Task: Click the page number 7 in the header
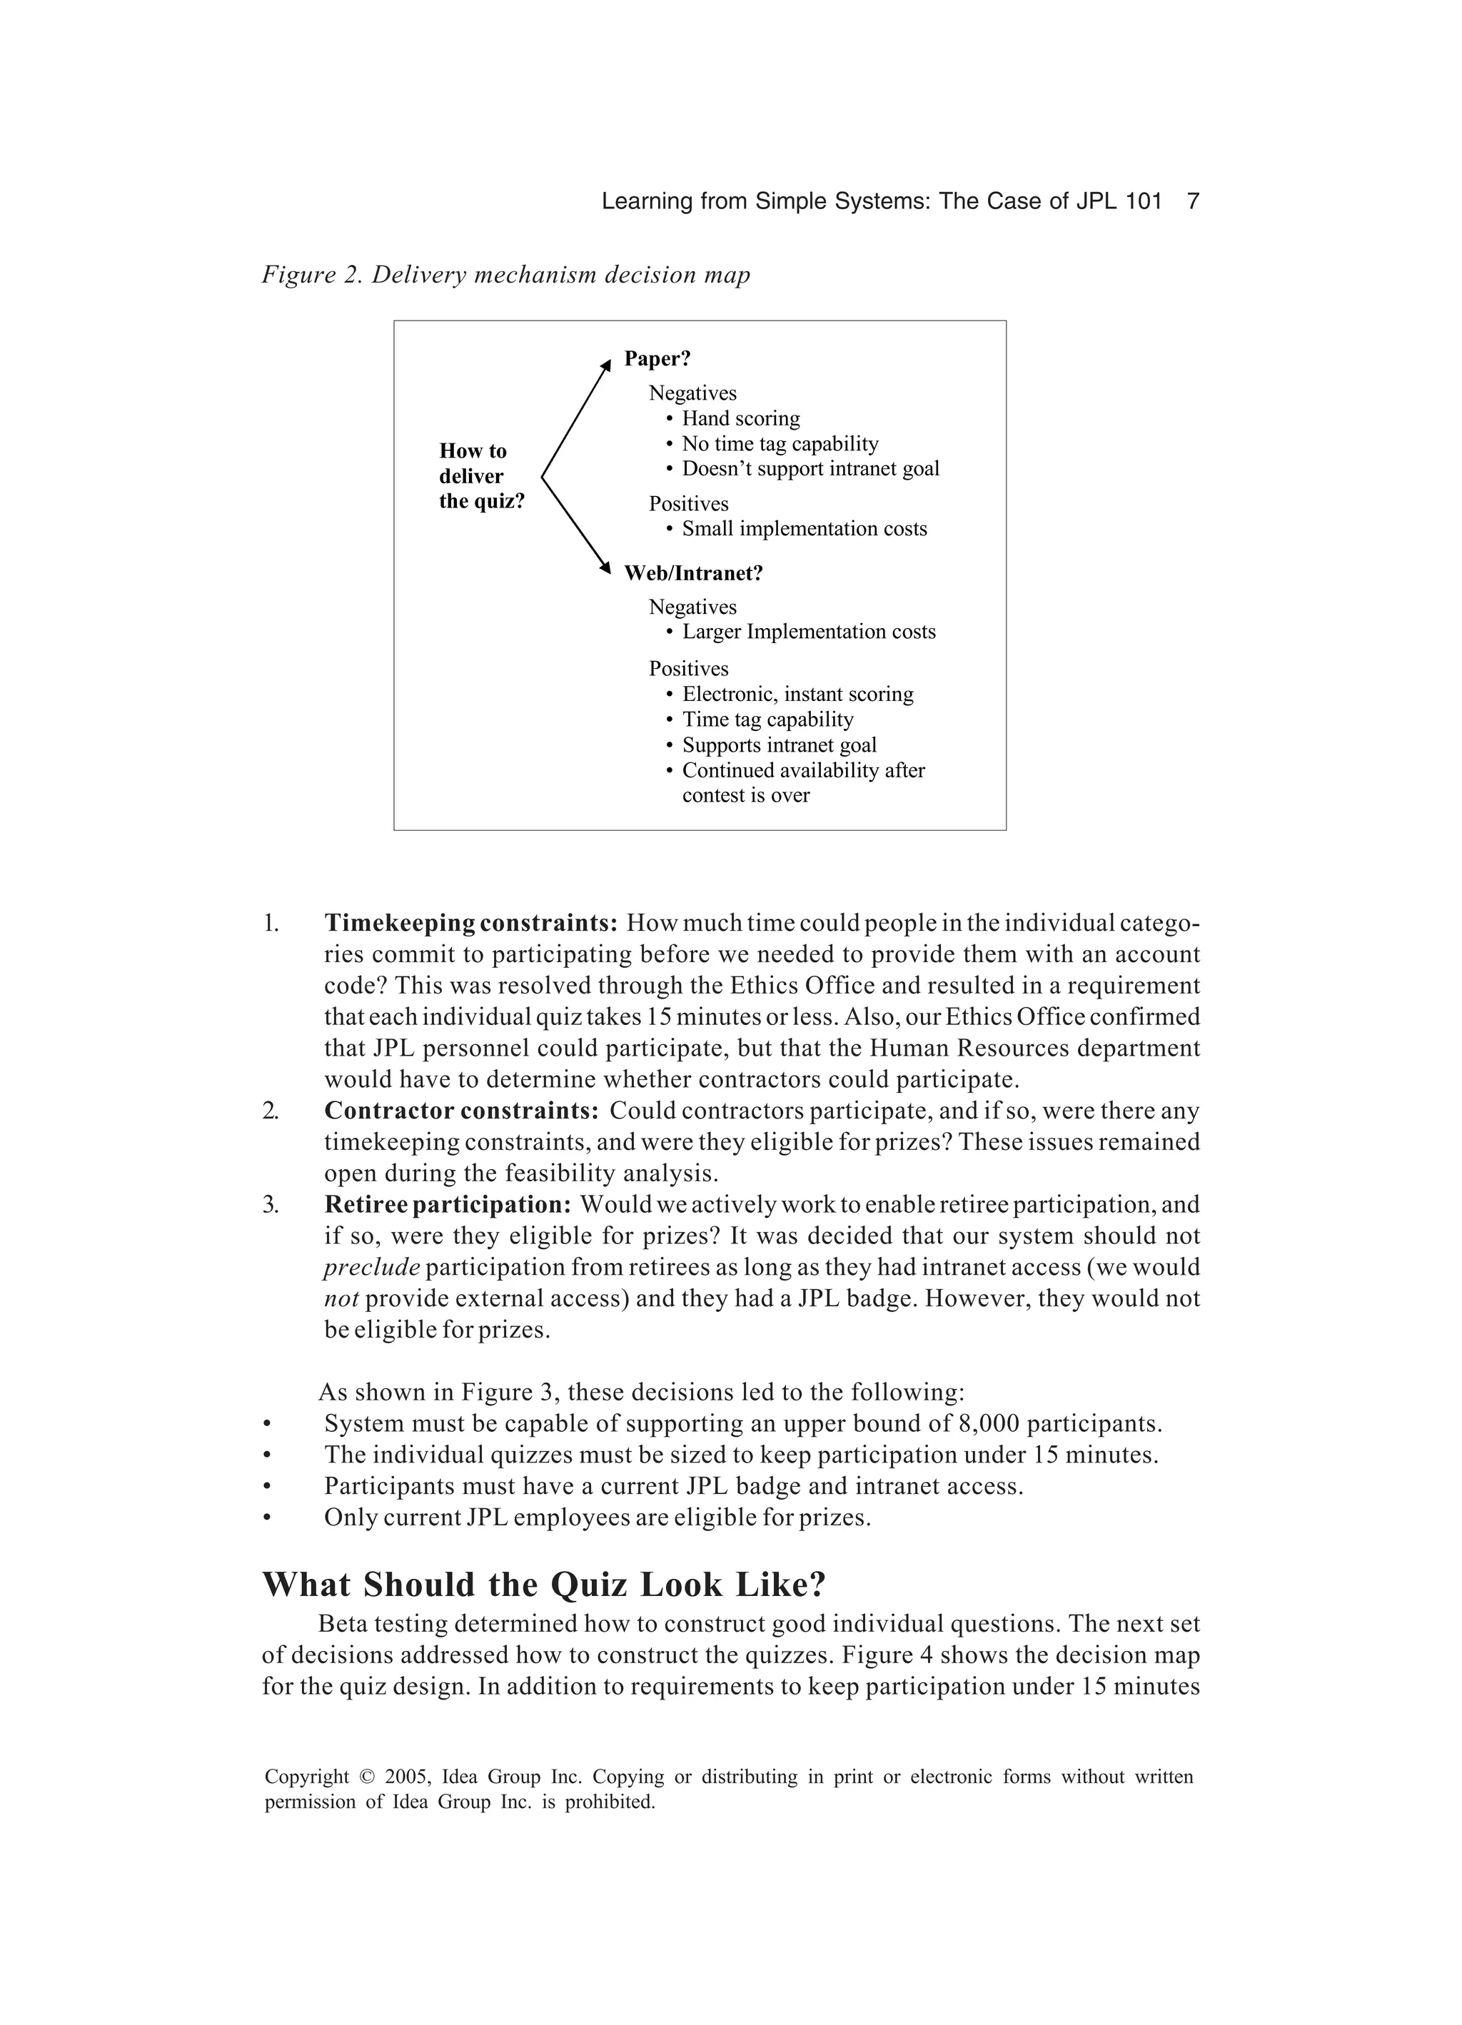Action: [1191, 202]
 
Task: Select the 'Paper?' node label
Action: [657, 359]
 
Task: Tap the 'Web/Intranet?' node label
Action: [693, 573]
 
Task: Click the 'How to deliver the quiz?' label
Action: [480, 476]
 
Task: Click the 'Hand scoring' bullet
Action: [740, 419]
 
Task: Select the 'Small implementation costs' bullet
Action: [804, 529]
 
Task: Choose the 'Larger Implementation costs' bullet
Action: [808, 632]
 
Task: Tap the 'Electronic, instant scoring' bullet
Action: [797, 695]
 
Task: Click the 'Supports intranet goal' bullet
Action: [779, 745]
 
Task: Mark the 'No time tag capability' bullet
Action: [780, 444]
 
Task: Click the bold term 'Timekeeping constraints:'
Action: [470, 923]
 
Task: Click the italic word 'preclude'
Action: [371, 1268]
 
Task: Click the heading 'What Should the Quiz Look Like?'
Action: [544, 1585]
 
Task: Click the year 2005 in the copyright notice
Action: [406, 1777]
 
